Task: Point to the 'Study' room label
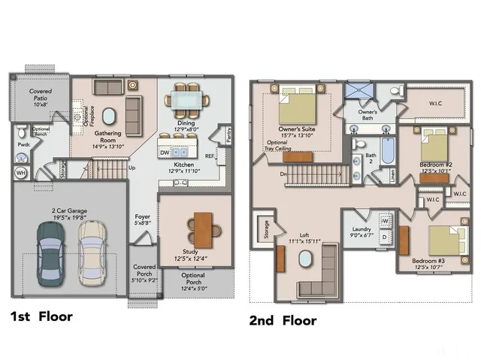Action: [x=190, y=252]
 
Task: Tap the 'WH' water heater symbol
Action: [x=20, y=172]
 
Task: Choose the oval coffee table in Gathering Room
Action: [x=110, y=116]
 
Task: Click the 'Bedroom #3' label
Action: [x=429, y=262]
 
